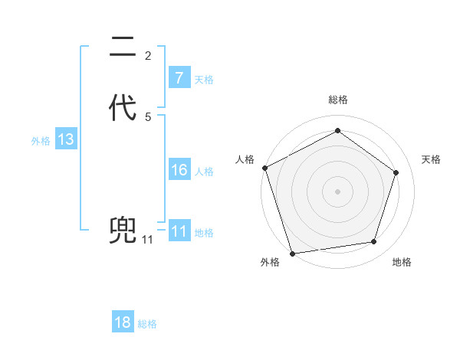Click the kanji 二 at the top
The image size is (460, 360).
pos(123,48)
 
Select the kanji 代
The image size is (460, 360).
pos(123,107)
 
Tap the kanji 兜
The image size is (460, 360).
pos(123,230)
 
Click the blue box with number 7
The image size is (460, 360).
pos(179,77)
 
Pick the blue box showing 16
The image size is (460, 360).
pos(179,170)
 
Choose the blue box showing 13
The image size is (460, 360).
pos(65,140)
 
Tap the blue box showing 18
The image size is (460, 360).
pos(123,322)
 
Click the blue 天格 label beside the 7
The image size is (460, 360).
pos(204,79)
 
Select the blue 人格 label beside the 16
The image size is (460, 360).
pos(204,172)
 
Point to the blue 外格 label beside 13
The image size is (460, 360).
pos(41,141)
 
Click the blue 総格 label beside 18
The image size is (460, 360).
pos(147,324)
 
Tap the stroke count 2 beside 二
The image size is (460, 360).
pos(148,55)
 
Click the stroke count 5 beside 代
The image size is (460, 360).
pos(148,116)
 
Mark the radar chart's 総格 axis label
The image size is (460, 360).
pos(337,100)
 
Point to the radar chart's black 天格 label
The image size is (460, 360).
pos(432,159)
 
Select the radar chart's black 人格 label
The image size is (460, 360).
pos(245,159)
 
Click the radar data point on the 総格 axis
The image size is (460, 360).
pos(337,131)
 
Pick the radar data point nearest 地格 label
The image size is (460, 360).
pos(373,242)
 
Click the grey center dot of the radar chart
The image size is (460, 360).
pos(337,191)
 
